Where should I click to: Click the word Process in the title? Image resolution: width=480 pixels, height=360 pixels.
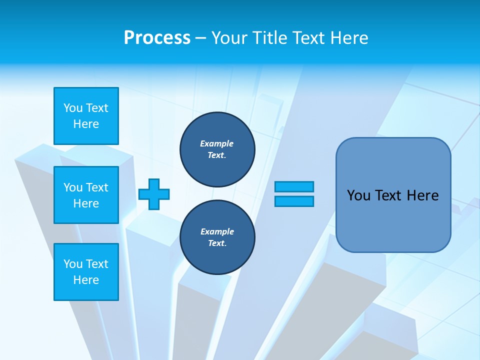tap(157, 38)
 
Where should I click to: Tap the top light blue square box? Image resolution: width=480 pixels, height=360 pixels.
tap(86, 116)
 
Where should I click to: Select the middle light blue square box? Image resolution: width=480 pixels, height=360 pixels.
tap(86, 195)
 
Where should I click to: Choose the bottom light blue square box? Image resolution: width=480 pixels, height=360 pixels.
tap(86, 272)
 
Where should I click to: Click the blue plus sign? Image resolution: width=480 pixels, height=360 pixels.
tap(154, 194)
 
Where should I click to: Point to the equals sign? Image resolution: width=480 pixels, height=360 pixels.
tap(294, 194)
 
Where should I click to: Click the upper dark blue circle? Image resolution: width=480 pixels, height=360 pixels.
tap(217, 149)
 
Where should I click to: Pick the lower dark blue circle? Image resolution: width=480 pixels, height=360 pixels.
tap(217, 237)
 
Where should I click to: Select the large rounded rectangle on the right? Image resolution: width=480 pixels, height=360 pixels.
tap(393, 195)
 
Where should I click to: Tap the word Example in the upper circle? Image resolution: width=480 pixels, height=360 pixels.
tap(217, 143)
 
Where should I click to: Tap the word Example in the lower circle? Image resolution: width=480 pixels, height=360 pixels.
tap(217, 231)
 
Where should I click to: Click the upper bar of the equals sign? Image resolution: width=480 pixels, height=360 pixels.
tap(294, 186)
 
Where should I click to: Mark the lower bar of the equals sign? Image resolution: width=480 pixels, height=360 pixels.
tap(294, 201)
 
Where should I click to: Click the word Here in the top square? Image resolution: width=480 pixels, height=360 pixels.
tap(86, 124)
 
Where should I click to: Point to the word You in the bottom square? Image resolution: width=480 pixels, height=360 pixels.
tap(73, 264)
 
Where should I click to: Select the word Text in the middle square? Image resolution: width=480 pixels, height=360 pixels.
tap(97, 187)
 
